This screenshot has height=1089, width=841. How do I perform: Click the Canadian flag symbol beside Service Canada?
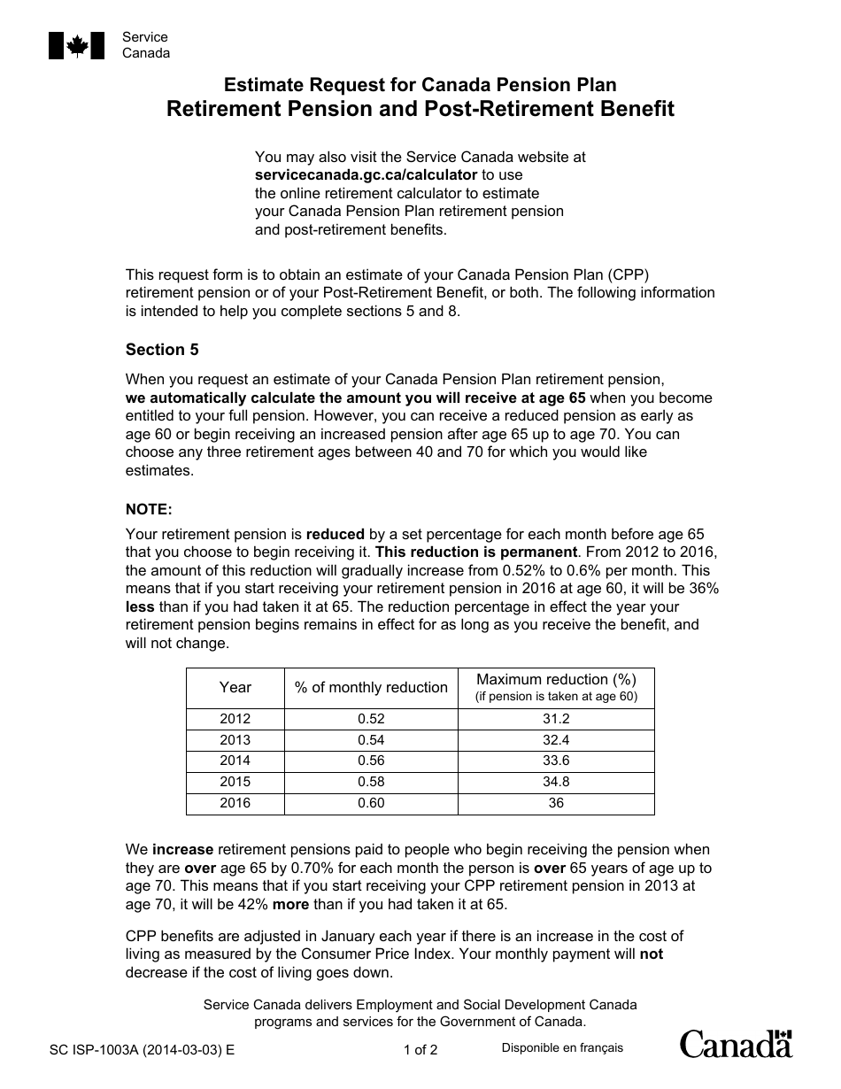pyautogui.click(x=76, y=45)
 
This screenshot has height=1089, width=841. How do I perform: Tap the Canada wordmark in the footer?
pyautogui.click(x=736, y=1045)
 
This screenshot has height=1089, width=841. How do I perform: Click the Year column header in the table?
pyautogui.click(x=235, y=687)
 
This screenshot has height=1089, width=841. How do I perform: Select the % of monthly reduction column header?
pyautogui.click(x=371, y=687)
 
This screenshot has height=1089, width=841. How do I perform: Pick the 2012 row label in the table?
pyautogui.click(x=235, y=719)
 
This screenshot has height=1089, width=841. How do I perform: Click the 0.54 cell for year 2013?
pyautogui.click(x=371, y=740)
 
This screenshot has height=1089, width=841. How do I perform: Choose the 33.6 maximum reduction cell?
pyautogui.click(x=556, y=761)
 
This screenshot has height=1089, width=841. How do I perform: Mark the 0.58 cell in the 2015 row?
pyautogui.click(x=371, y=782)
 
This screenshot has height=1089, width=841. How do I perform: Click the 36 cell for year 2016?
pyautogui.click(x=556, y=803)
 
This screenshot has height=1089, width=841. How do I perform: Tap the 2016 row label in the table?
pyautogui.click(x=235, y=803)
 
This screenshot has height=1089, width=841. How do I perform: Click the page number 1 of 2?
pyautogui.click(x=420, y=1051)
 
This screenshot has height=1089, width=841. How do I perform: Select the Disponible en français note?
pyautogui.click(x=562, y=1048)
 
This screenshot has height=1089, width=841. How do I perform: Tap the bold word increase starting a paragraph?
pyautogui.click(x=182, y=850)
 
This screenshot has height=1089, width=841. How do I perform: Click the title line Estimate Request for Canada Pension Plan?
pyautogui.click(x=420, y=85)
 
